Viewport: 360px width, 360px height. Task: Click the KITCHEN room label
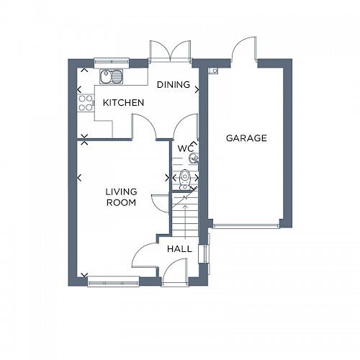(123, 103)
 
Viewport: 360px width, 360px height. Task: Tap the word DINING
(174, 85)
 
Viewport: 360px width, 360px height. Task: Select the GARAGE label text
(246, 138)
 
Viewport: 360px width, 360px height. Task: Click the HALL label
(179, 248)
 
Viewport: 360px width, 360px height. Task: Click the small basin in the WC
(192, 158)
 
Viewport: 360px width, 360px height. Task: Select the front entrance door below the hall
(174, 272)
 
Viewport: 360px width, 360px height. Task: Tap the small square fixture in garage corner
(213, 71)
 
